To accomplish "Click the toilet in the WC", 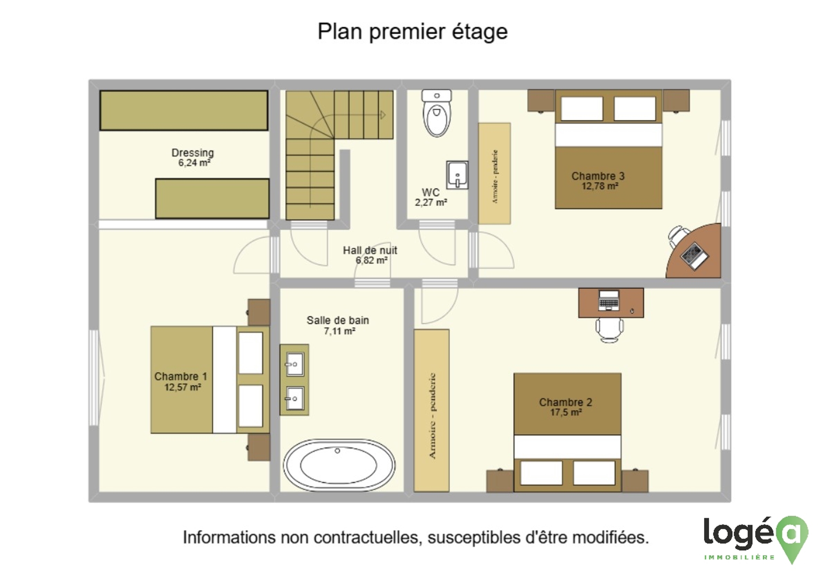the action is click(436, 113).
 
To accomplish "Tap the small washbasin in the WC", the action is click(457, 175).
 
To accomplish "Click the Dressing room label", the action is click(192, 153).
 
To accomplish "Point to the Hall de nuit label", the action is click(370, 251).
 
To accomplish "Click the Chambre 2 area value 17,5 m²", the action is click(566, 412).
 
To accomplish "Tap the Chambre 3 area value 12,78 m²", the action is click(600, 186).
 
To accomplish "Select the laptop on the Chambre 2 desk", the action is click(609, 300).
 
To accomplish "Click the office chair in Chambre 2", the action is click(609, 330).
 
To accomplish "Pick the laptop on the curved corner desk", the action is click(694, 256).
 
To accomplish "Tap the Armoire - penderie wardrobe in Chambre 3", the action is click(494, 174).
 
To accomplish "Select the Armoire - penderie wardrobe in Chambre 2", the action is click(431, 410).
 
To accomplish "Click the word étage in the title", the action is click(480, 32).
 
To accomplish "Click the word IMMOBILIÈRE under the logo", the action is click(739, 557).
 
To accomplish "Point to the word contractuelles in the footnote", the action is click(368, 538).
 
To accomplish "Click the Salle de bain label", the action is click(338, 320).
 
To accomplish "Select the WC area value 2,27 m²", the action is click(431, 202).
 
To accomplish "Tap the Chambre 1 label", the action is click(181, 376).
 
